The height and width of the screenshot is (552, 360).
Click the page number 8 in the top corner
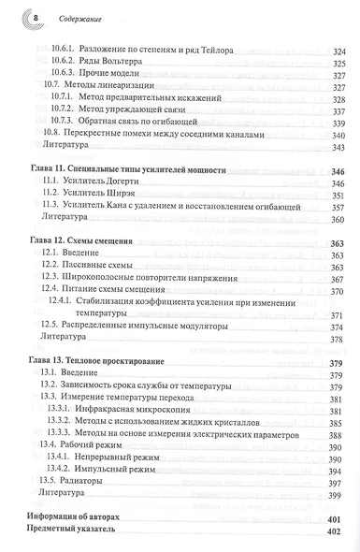point(35,17)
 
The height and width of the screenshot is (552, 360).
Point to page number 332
point(338,90)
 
